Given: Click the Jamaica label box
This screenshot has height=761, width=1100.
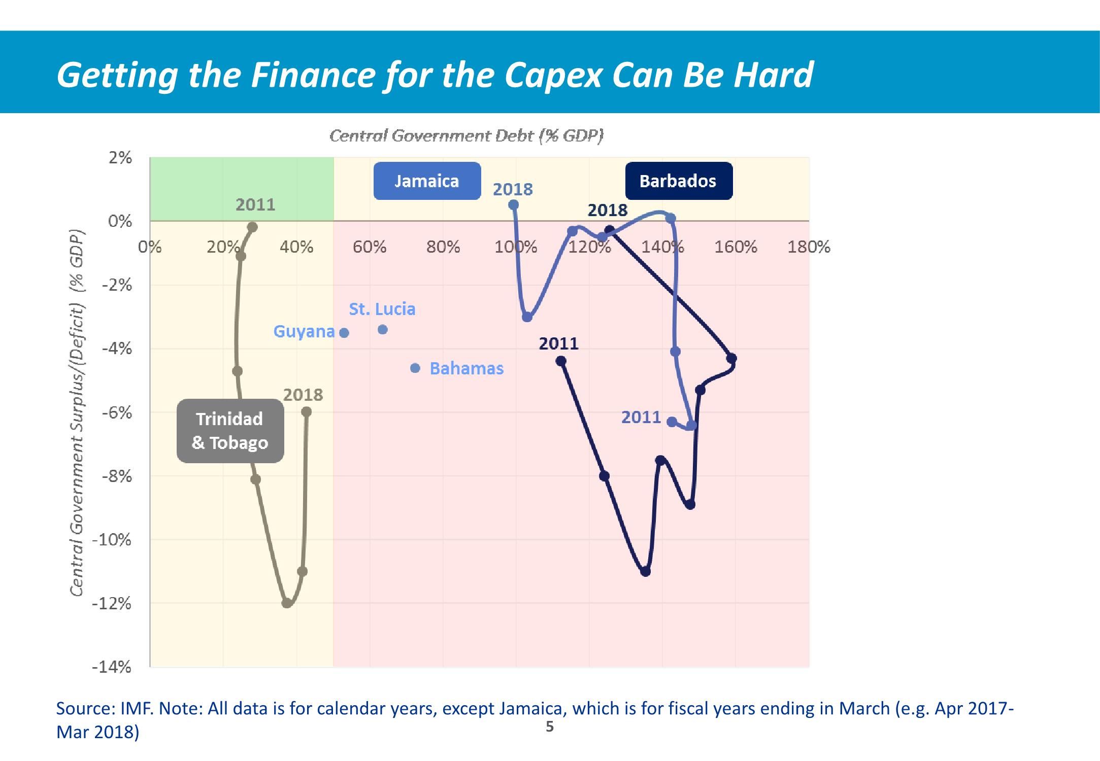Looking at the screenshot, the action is (x=427, y=181).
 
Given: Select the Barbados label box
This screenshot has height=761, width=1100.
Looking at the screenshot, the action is (x=679, y=181).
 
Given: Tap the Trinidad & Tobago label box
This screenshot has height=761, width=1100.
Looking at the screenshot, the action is (x=230, y=431).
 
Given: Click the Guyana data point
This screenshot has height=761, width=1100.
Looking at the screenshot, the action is (x=344, y=333).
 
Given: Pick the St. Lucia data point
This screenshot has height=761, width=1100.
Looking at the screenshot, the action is (x=383, y=330).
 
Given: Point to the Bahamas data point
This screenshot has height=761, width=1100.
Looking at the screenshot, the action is (x=415, y=368).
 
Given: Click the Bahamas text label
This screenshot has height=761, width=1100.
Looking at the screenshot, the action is (x=466, y=368).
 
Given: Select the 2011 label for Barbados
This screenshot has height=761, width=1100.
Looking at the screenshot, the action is (x=558, y=343).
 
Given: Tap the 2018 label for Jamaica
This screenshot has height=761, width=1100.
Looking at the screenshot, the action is (x=513, y=189).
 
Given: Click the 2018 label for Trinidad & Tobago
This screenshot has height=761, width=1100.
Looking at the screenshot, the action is (x=303, y=395).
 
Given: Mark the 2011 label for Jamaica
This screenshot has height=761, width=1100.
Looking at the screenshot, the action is (x=641, y=417).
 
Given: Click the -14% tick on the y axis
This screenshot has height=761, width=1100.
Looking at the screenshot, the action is (x=112, y=667).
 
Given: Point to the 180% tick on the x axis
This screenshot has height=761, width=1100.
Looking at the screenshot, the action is (x=809, y=247).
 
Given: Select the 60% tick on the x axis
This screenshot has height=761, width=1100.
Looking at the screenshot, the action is (x=370, y=247).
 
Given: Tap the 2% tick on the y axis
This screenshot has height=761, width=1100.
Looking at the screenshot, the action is (x=120, y=158).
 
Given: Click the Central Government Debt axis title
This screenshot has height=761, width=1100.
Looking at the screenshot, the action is (x=466, y=135).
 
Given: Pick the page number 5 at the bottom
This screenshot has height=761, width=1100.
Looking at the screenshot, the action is (x=550, y=727).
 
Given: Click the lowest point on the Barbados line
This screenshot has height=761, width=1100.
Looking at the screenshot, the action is (x=646, y=572).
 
